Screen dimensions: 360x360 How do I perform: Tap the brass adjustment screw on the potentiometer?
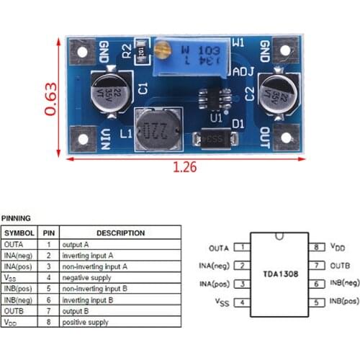(163, 50)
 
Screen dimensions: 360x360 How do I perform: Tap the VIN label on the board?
(106, 135)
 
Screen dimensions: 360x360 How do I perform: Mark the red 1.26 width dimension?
(185, 168)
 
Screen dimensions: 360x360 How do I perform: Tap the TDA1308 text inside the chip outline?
(279, 274)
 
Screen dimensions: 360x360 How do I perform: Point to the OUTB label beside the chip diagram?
(341, 265)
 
